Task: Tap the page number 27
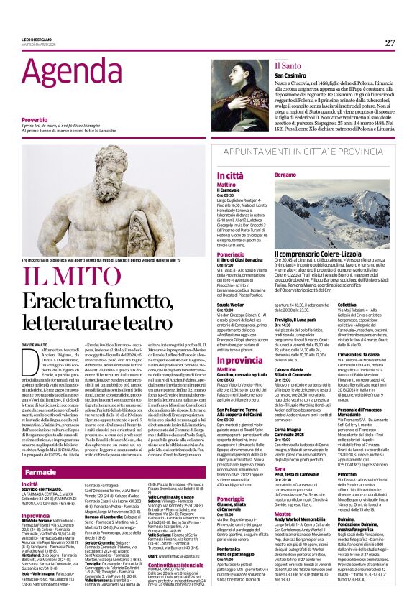390,42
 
